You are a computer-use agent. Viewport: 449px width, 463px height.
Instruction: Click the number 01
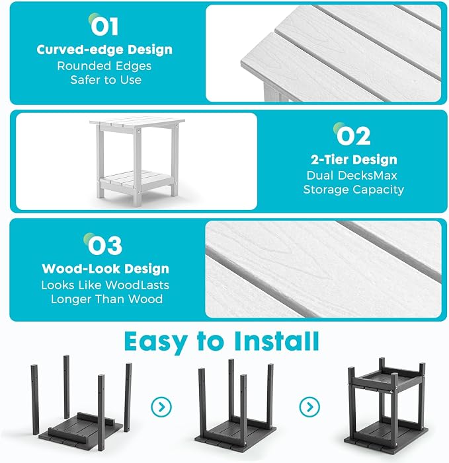coord(104,26)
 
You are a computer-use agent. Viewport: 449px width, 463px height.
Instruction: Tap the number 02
coord(353,136)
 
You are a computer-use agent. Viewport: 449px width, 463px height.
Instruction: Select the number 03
coord(104,245)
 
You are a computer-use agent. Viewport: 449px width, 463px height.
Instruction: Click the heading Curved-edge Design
coord(104,50)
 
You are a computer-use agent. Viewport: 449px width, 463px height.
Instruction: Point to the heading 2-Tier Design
coord(354,160)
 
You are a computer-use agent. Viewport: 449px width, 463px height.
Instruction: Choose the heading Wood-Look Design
coord(106,269)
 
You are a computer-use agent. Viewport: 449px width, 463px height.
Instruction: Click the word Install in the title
coord(276,341)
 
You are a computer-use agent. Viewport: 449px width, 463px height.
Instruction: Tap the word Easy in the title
coord(155,343)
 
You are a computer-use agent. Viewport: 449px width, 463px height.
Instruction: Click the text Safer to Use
coord(106,80)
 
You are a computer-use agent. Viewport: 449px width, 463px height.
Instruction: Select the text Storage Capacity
coord(354,190)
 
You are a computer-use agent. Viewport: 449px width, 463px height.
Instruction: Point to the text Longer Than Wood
coord(106,299)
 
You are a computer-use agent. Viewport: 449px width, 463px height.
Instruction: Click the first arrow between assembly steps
coord(161,407)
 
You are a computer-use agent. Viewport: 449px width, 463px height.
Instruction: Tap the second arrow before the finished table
coord(309,407)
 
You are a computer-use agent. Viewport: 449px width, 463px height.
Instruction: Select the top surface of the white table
coord(137,123)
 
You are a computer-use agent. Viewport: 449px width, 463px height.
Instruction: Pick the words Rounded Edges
coord(104,66)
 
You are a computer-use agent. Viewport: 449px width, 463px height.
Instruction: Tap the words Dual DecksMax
coord(352,176)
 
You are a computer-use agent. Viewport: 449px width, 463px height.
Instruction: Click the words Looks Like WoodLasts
coord(105,285)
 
